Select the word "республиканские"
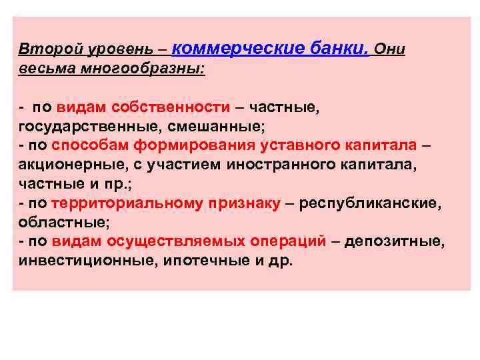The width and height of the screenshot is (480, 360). (370, 203)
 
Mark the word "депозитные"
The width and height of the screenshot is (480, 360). (395, 241)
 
